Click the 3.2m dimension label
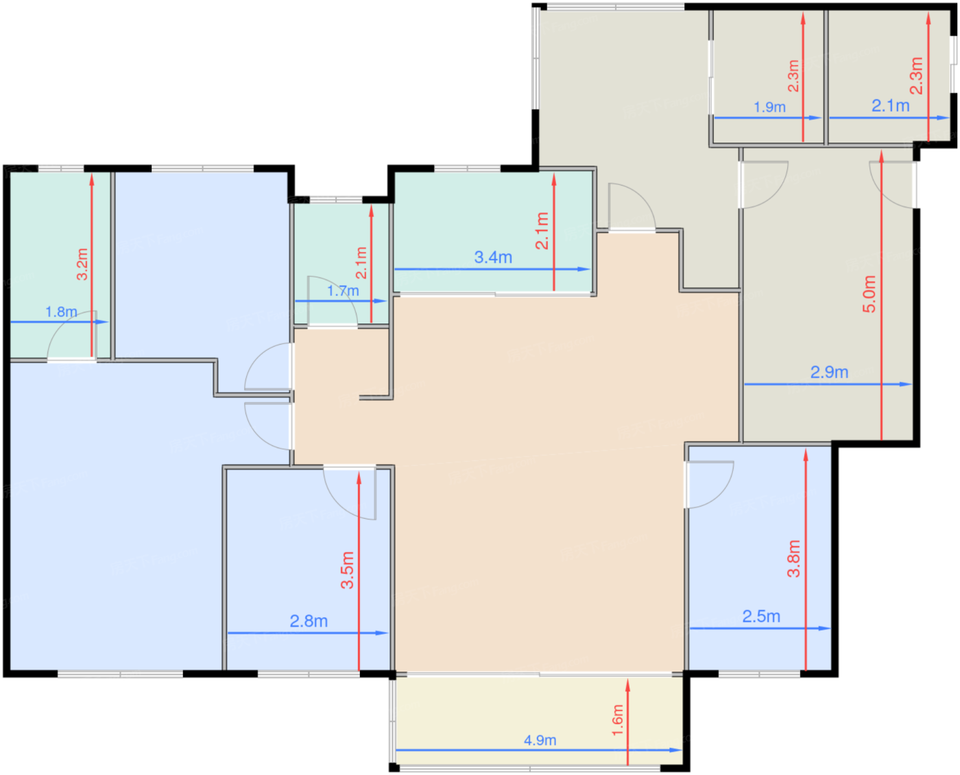pyautogui.click(x=82, y=265)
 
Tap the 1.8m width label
pyautogui.click(x=61, y=312)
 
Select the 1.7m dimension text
pyautogui.click(x=343, y=291)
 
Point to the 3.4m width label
pyautogui.click(x=493, y=257)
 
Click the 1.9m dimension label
pyautogui.click(x=770, y=107)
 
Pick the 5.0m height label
pyautogui.click(x=869, y=294)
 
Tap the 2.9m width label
pyautogui.click(x=829, y=372)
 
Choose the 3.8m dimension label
pyautogui.click(x=793, y=558)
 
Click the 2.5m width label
pyautogui.click(x=761, y=616)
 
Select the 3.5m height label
pyautogui.click(x=347, y=570)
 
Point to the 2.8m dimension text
pyautogui.click(x=309, y=621)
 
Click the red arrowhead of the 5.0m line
pyautogui.click(x=882, y=157)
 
